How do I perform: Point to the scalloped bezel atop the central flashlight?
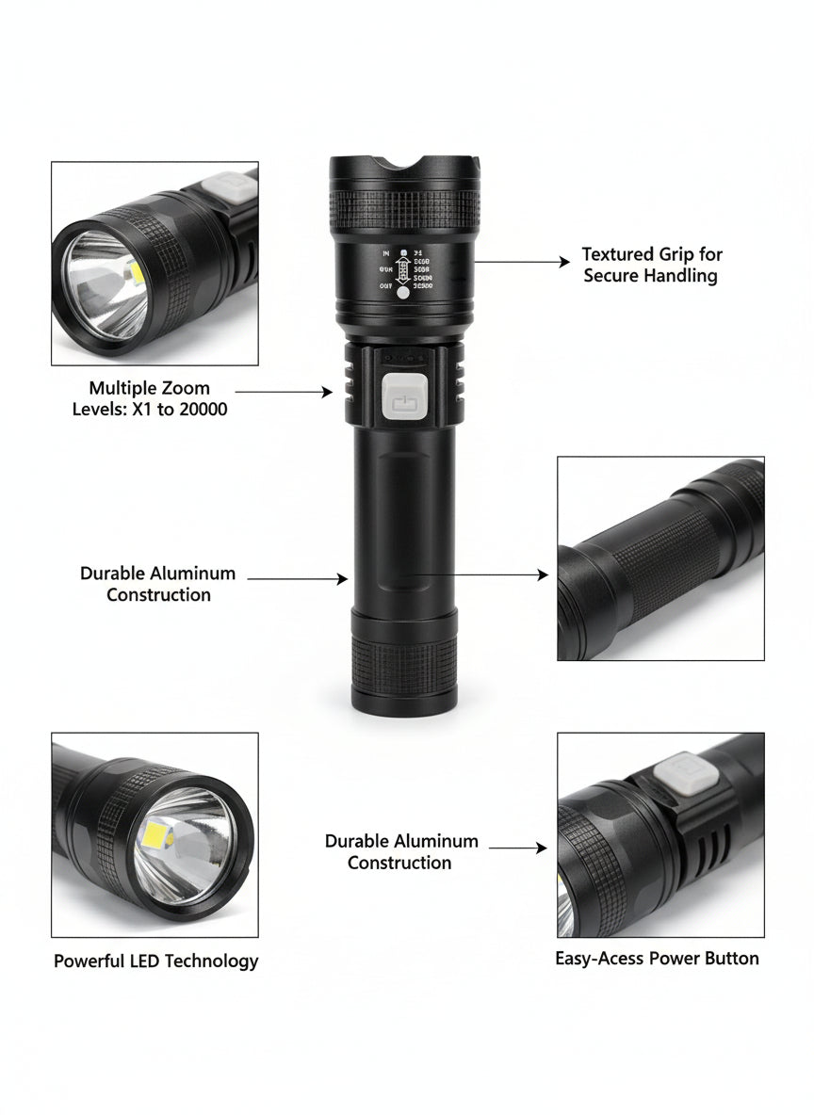pyautogui.click(x=405, y=168)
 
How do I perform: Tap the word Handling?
pyautogui.click(x=684, y=276)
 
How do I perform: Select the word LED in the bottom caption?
pyautogui.click(x=148, y=961)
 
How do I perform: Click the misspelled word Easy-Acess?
pyautogui.click(x=600, y=959)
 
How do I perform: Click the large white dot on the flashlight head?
pyautogui.click(x=404, y=293)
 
